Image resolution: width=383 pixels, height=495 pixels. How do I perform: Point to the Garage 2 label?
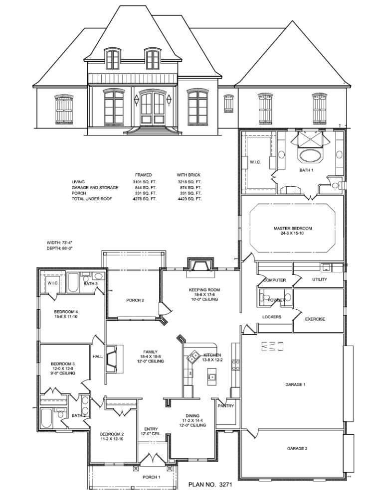(297, 449)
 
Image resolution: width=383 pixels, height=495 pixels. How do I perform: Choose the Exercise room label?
(315, 319)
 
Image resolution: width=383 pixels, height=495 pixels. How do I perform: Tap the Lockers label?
(271, 317)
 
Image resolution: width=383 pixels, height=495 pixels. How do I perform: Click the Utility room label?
(319, 280)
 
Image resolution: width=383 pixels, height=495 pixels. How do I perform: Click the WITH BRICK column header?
(188, 175)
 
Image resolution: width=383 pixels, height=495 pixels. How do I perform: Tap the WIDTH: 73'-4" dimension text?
(59, 243)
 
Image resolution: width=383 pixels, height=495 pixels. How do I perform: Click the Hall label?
(97, 357)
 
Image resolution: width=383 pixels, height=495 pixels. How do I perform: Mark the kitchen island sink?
(212, 376)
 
